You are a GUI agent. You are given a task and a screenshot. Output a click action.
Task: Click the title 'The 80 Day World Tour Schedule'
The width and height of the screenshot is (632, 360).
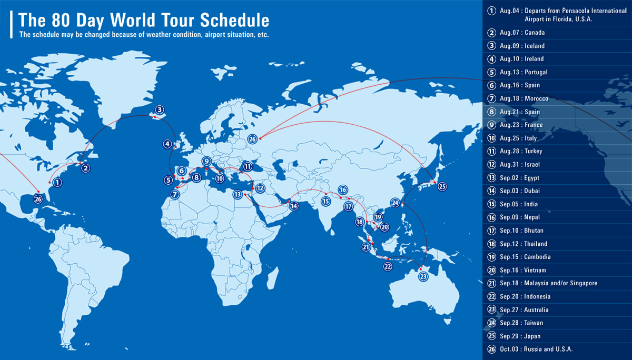point(144,20)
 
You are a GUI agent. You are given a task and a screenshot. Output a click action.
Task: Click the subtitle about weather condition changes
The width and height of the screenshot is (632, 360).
point(144,35)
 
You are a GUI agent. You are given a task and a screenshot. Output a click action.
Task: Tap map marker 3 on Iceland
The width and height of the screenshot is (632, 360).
point(159,110)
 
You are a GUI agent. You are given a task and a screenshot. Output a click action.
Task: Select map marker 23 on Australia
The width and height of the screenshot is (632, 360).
point(423,276)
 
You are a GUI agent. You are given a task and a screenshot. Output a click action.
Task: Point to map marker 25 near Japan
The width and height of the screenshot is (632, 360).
point(442,186)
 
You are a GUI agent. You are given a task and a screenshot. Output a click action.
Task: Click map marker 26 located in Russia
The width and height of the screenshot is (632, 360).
point(253,139)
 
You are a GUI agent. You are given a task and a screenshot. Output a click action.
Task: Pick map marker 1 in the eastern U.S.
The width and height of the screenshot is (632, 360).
point(57,183)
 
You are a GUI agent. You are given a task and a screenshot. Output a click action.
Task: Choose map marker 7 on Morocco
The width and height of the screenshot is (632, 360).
point(175,194)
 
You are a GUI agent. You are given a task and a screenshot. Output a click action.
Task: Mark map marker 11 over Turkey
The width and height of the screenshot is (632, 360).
point(248,166)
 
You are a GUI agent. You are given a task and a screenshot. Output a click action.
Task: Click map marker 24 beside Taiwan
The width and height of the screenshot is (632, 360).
point(395,202)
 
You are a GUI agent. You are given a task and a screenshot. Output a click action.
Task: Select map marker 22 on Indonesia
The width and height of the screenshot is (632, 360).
point(388,266)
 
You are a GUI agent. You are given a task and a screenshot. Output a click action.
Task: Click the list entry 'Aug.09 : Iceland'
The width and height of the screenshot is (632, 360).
point(522,46)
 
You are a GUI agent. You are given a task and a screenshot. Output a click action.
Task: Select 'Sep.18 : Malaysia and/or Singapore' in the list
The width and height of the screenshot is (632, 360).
point(548,283)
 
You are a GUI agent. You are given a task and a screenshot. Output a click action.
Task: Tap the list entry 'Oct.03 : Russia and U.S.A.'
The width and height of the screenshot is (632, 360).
point(536,349)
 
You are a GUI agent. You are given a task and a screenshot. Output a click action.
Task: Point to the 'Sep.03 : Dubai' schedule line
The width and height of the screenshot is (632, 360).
point(519,191)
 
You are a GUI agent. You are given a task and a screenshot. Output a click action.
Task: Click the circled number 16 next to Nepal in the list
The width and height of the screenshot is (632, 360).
point(491,217)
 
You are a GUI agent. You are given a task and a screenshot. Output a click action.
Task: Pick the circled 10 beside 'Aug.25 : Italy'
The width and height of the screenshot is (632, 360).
point(491,138)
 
